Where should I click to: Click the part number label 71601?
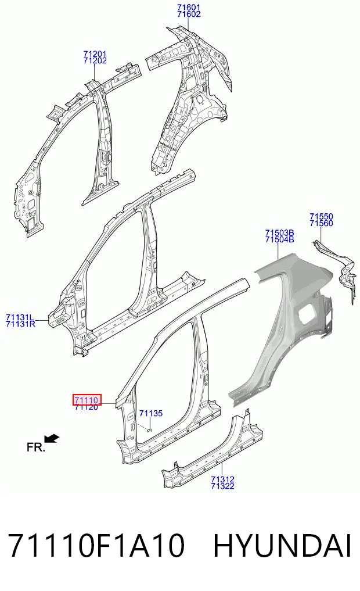(189, 7)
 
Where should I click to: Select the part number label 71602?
(189, 14)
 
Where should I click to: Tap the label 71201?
(95, 54)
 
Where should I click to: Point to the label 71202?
(95, 60)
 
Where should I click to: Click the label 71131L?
(20, 317)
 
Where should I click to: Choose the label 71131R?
(21, 323)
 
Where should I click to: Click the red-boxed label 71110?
(87, 400)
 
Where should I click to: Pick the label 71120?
(87, 407)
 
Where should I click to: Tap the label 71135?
(151, 414)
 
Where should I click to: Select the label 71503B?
(279, 232)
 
